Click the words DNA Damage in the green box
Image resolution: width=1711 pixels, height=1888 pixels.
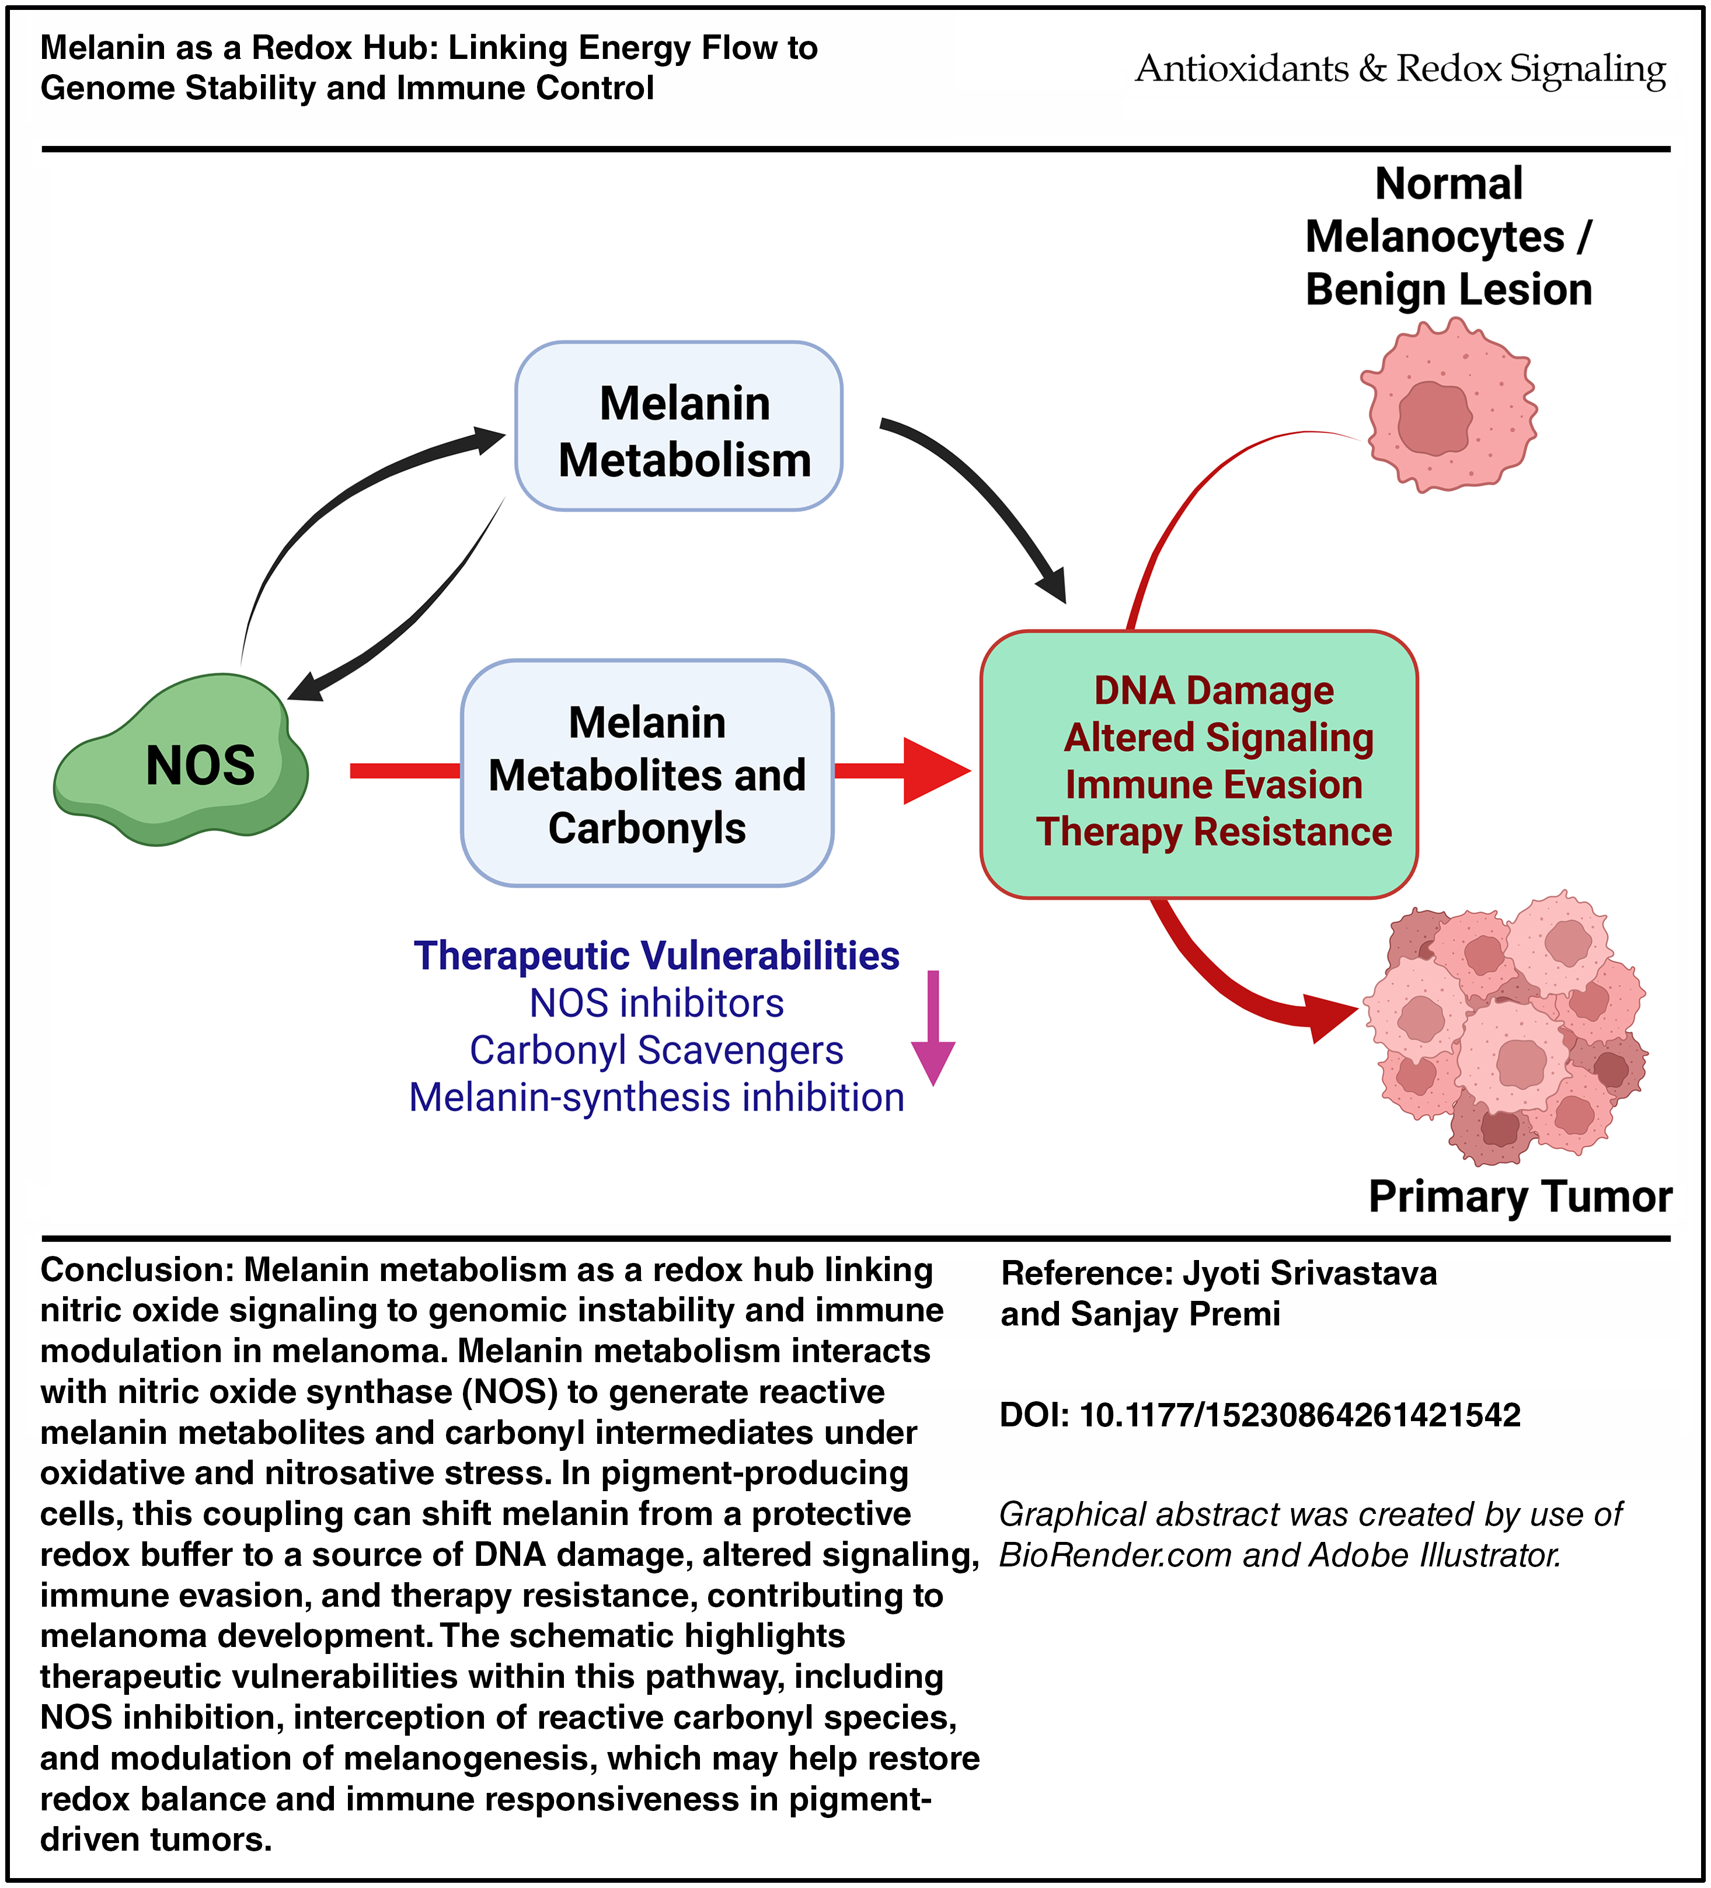click(x=1214, y=691)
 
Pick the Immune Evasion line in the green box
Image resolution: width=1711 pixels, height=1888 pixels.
click(x=1214, y=786)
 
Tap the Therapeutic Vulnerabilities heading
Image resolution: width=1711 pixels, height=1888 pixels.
click(x=657, y=956)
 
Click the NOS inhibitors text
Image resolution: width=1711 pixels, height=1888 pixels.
click(x=657, y=1004)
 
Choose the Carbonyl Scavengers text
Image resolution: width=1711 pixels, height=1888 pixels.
click(x=657, y=1051)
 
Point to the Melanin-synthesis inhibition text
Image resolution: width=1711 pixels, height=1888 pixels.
click(x=657, y=1098)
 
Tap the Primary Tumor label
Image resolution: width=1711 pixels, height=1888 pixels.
click(x=1520, y=1197)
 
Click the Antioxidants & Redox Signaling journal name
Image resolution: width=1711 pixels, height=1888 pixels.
click(x=1400, y=69)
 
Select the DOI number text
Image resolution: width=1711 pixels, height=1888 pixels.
click(x=1300, y=1414)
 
